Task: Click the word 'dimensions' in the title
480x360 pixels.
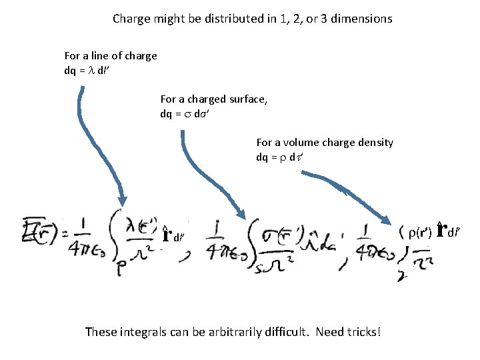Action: [x=359, y=19]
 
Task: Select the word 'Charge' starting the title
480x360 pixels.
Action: [x=132, y=19]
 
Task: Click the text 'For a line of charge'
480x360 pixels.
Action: [x=111, y=56]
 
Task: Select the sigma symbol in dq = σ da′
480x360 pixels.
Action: [x=185, y=114]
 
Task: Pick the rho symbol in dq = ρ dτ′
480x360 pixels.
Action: [x=281, y=157]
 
